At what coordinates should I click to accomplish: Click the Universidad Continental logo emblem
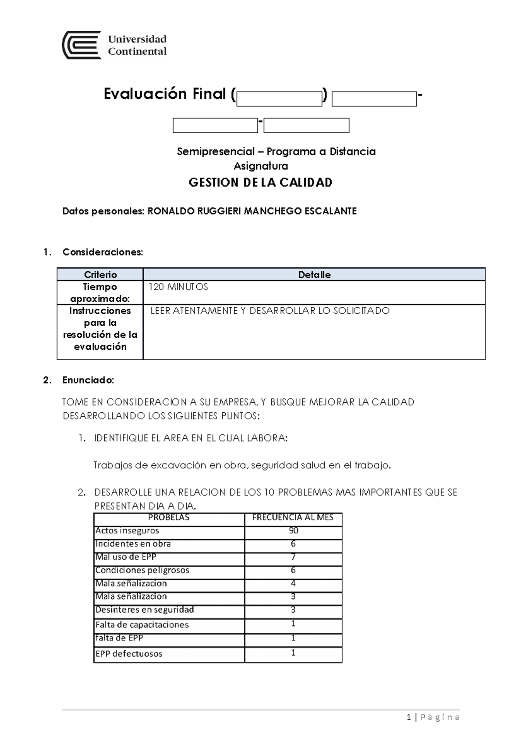[x=82, y=45]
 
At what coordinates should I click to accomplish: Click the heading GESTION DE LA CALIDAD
[x=260, y=182]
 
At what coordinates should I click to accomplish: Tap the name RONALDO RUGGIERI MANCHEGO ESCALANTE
[x=252, y=211]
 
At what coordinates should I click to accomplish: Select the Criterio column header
[x=100, y=275]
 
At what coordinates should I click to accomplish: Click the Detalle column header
[x=314, y=275]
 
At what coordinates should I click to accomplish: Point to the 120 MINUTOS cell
[x=178, y=287]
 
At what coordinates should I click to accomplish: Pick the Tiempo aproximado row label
[x=100, y=293]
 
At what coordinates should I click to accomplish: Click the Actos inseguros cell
[x=127, y=530]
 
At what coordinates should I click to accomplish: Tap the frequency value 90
[x=293, y=530]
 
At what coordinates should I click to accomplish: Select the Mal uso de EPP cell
[x=126, y=557]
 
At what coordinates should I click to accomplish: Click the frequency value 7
[x=293, y=557]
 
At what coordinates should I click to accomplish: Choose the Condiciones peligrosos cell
[x=142, y=570]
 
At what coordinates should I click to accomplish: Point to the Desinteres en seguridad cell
[x=145, y=609]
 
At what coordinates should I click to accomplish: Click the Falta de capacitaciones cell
[x=142, y=625]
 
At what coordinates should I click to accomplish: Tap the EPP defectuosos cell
[x=129, y=654]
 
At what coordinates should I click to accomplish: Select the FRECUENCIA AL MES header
[x=293, y=517]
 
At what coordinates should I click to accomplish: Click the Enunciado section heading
[x=88, y=380]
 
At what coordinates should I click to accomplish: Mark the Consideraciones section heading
[x=102, y=252]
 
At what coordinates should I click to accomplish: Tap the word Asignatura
[x=260, y=166]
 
